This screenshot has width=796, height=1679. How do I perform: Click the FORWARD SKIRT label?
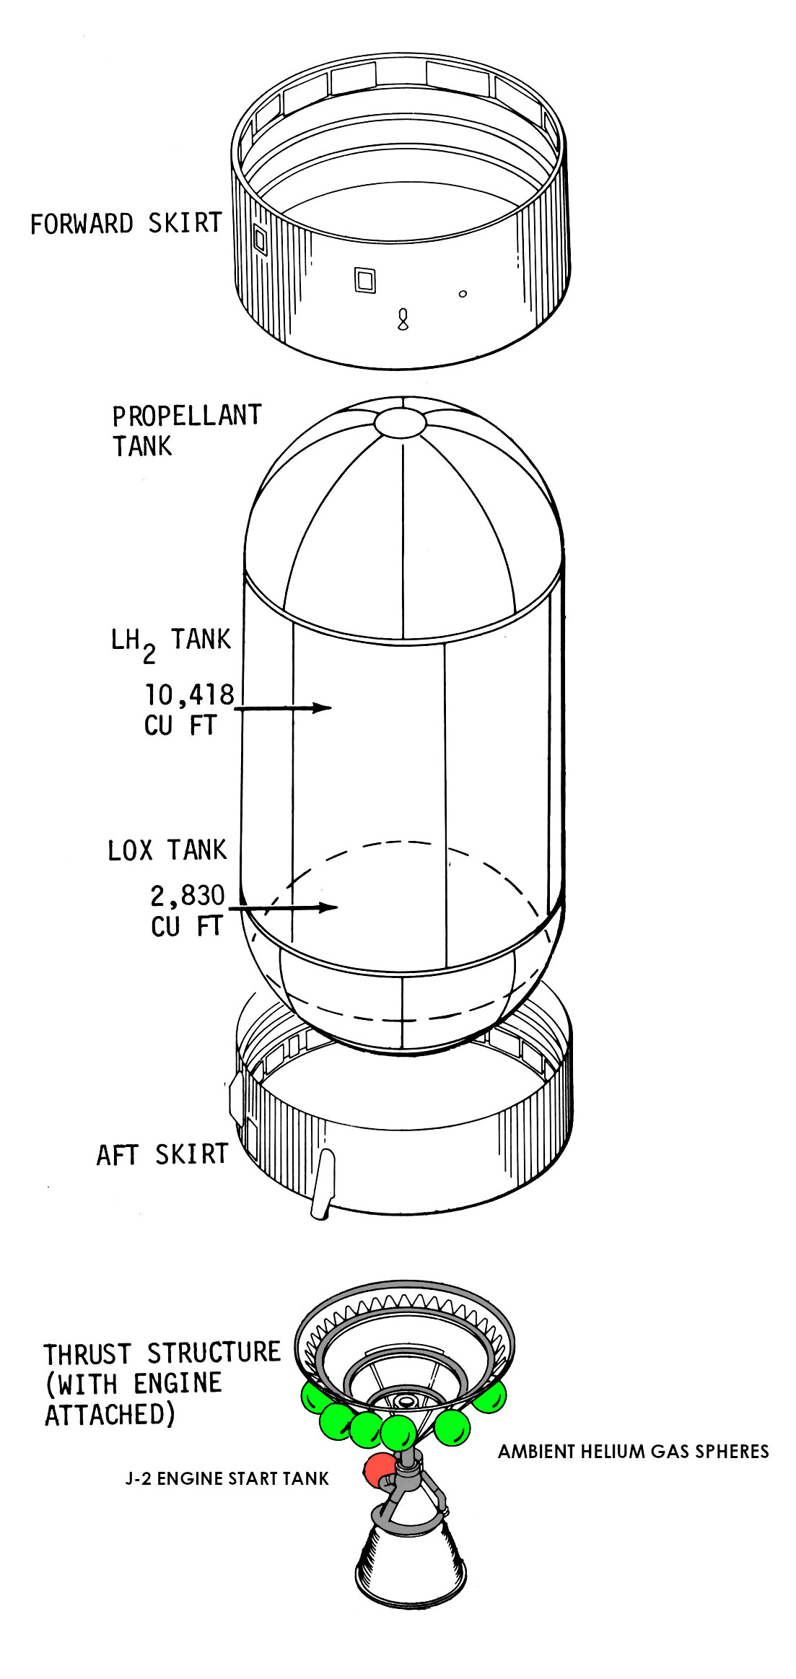click(126, 224)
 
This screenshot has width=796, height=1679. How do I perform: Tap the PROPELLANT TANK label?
click(186, 430)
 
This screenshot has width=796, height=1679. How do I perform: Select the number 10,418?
click(190, 694)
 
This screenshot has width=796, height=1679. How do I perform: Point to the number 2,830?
click(188, 896)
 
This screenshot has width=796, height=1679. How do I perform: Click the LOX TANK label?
click(167, 850)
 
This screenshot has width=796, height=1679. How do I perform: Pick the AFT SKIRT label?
click(162, 1154)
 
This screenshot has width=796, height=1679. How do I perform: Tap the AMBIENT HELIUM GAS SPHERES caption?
click(633, 1452)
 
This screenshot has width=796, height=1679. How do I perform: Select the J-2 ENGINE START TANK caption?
click(227, 1479)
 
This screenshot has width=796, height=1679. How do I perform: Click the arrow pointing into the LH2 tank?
click(283, 708)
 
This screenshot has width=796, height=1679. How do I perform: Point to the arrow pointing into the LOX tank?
click(284, 907)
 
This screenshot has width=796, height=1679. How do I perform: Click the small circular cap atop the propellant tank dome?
click(401, 422)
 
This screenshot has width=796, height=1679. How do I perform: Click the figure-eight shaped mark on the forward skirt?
click(403, 319)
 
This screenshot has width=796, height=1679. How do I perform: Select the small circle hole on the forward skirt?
click(463, 294)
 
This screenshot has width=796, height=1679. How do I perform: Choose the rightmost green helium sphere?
click(488, 1396)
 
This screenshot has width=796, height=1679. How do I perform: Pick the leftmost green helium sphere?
click(316, 1397)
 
